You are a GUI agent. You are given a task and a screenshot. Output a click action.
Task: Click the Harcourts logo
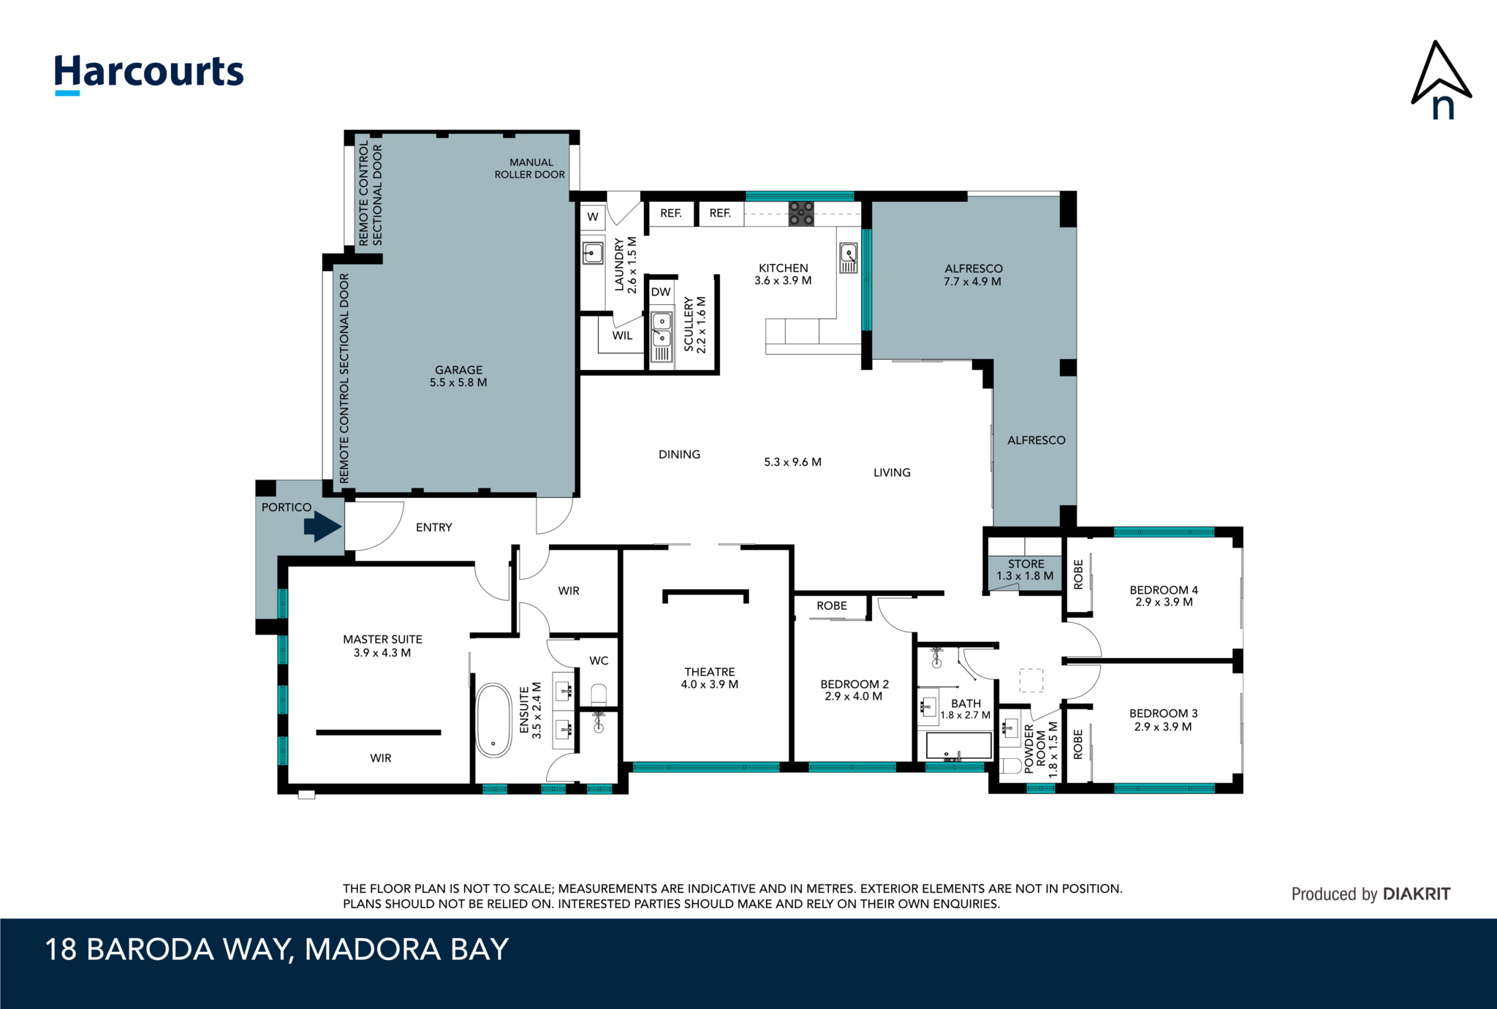(x=149, y=73)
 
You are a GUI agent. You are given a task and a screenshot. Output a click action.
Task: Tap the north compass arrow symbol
(x=1439, y=80)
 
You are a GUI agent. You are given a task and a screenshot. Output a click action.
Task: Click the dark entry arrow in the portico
(x=322, y=526)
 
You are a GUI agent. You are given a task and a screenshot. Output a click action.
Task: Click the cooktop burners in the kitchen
(x=800, y=213)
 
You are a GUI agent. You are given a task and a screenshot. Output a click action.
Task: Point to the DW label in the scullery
(x=661, y=292)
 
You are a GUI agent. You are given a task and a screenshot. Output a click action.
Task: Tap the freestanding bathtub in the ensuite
(x=494, y=720)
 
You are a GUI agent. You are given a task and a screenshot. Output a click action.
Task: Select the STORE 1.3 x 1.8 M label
(x=1025, y=570)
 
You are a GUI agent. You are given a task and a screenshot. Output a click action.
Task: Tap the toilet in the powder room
(x=1011, y=766)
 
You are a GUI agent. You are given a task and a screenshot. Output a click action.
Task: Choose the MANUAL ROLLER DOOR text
(x=530, y=168)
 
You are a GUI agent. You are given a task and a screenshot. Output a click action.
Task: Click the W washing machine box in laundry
(x=593, y=216)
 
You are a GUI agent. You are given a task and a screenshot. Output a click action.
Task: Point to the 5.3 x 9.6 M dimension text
(x=792, y=462)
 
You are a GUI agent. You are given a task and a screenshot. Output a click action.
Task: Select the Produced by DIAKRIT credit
(x=1371, y=893)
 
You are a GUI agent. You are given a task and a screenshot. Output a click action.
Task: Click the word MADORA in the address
(x=373, y=950)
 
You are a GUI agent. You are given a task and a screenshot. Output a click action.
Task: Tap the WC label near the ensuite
(x=599, y=660)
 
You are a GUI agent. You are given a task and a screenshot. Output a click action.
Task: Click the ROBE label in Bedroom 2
(x=832, y=605)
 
